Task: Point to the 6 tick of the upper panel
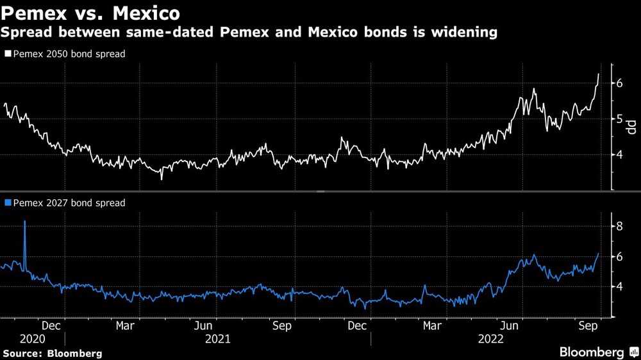tap(620, 83)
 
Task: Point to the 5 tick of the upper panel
tap(620, 119)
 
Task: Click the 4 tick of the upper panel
tap(620, 154)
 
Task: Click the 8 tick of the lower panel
tap(620, 226)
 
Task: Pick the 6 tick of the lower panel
tap(620, 256)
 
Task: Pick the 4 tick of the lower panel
tap(620, 286)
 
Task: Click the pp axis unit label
tap(631, 127)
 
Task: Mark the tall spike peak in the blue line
tap(25, 221)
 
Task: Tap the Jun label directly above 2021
tap(204, 325)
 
